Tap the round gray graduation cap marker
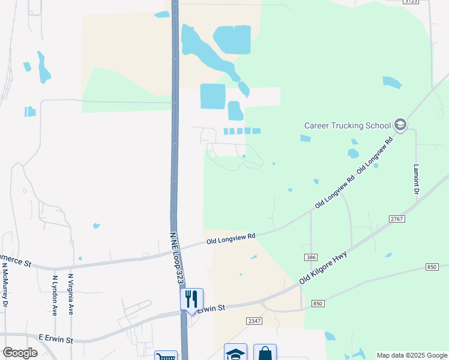(400, 125)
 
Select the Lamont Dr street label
(415, 179)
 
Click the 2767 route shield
(396, 220)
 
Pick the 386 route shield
(310, 257)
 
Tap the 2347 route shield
(254, 322)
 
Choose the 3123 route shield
(411, 2)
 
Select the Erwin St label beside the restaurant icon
(211, 308)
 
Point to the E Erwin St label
(56, 340)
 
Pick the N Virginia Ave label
(71, 294)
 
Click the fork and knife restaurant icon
(191, 298)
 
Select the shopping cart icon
(166, 356)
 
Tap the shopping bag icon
(265, 353)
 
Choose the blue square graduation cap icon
(235, 353)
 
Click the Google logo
(20, 353)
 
